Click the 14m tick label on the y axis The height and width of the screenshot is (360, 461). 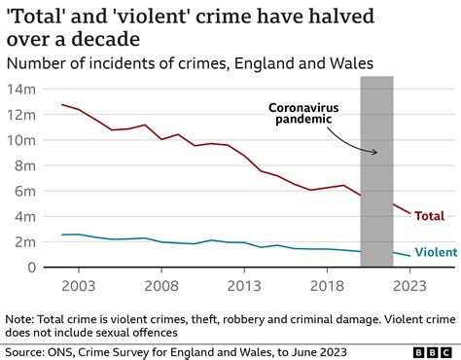coord(21,90)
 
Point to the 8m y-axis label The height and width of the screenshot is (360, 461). coord(25,165)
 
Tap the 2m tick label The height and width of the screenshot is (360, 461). coord(25,242)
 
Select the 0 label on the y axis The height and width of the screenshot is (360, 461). coord(31,268)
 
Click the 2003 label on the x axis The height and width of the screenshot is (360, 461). coord(79,286)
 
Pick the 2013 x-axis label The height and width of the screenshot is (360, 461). coord(244,286)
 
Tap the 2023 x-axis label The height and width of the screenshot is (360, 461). coord(409,286)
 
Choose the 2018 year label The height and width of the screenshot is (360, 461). coord(327,286)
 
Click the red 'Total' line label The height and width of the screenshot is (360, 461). coord(430,216)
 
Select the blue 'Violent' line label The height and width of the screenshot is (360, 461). coord(436,252)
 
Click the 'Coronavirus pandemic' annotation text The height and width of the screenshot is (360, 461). coord(303,113)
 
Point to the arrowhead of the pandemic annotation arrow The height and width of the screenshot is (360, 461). coord(376,152)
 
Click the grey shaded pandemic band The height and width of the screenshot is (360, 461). coord(376,171)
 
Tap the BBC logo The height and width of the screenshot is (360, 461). coord(433,352)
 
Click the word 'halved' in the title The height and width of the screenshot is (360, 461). coord(341,17)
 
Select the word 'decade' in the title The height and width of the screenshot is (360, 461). coord(106,39)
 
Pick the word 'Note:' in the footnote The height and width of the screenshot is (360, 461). coord(19,319)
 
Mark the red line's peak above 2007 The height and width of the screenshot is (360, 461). coord(145,125)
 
